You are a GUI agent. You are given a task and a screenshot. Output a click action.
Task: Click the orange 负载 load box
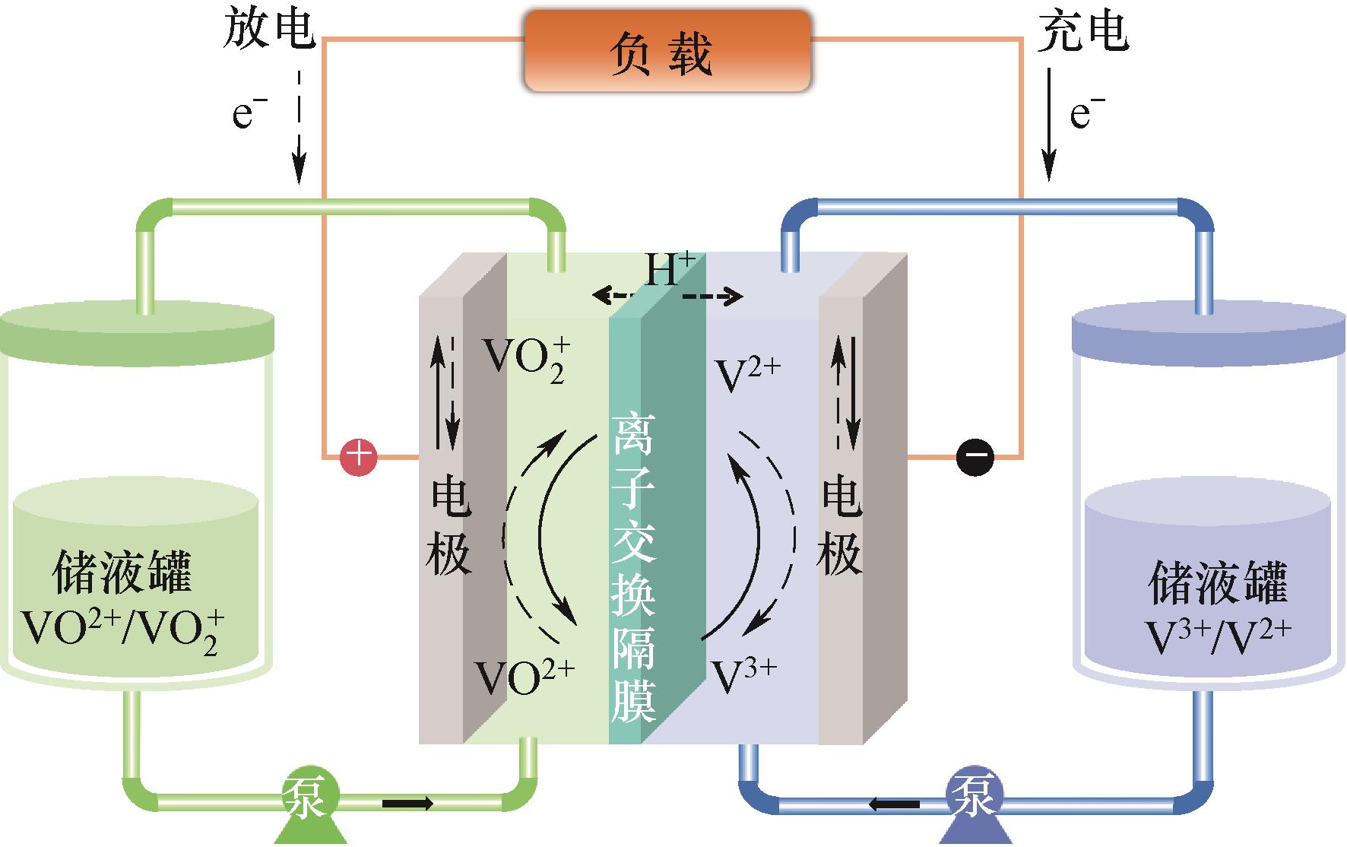667,52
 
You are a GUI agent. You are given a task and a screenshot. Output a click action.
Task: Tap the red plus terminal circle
357,458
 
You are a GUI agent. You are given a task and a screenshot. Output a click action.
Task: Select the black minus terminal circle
975,457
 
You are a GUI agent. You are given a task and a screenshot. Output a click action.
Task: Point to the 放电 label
268,30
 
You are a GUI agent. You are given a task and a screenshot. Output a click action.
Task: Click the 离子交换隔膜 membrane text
632,566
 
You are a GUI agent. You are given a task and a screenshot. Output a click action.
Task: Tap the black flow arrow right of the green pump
408,803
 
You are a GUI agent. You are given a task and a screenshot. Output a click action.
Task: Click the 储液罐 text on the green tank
122,574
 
